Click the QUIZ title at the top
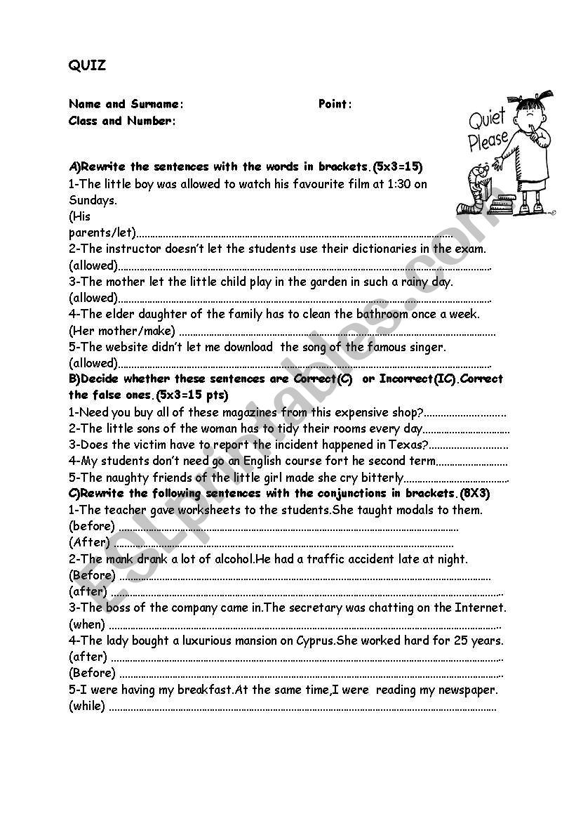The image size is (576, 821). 87,66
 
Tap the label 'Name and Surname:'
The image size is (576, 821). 126,104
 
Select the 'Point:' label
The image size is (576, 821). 335,104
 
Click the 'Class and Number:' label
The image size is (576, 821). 122,121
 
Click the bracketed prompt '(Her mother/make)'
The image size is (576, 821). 122,331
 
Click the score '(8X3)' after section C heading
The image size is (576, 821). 475,494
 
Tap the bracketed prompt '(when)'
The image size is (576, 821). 87,624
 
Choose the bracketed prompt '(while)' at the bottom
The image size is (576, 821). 87,706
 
